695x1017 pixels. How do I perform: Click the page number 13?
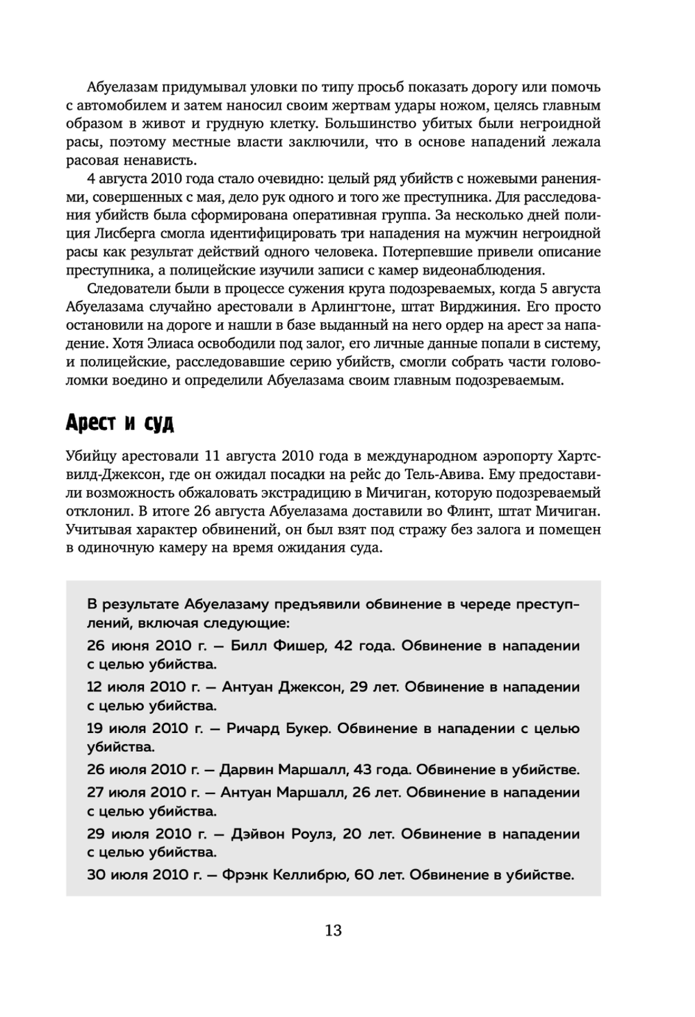pyautogui.click(x=333, y=930)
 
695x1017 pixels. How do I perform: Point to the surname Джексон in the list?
pyautogui.click(x=309, y=687)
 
